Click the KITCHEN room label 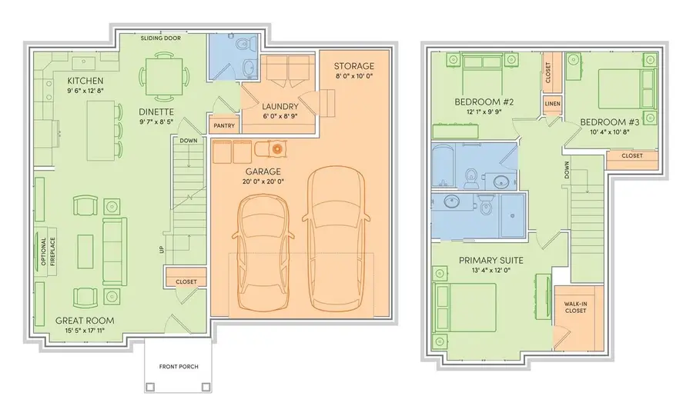pyautogui.click(x=85, y=81)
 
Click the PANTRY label pyautogui.click(x=225, y=125)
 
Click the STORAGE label pyautogui.click(x=354, y=66)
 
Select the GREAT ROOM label pyautogui.click(x=85, y=321)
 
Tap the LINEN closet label pyautogui.click(x=552, y=104)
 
